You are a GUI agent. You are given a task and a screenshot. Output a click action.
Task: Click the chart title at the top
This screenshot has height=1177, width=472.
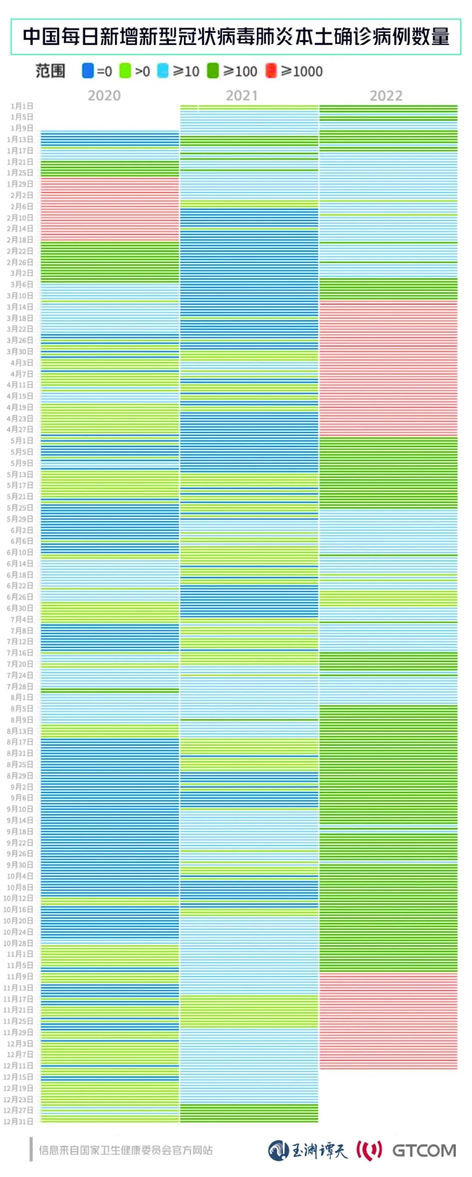(236, 37)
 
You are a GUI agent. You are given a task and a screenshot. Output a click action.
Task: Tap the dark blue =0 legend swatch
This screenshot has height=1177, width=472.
(88, 71)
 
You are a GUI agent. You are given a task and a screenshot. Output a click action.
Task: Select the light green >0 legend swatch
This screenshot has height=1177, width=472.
(125, 71)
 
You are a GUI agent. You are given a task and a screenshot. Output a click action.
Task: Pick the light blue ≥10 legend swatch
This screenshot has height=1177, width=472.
(163, 71)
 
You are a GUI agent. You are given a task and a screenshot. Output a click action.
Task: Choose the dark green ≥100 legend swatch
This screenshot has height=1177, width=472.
(213, 71)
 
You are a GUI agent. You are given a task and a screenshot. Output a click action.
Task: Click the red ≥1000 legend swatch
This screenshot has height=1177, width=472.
(271, 71)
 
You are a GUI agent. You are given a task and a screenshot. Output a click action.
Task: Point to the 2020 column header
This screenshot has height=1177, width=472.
(104, 95)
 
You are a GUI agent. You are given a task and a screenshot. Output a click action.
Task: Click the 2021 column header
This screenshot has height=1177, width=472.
(241, 95)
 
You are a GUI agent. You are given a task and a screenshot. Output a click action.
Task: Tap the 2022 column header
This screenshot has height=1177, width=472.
(386, 95)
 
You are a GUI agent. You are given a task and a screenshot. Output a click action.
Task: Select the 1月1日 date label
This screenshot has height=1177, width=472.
(22, 106)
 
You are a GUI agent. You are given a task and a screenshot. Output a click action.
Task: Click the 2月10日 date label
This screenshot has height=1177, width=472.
(20, 218)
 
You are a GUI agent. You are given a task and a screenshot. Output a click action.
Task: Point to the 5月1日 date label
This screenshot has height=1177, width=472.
(22, 441)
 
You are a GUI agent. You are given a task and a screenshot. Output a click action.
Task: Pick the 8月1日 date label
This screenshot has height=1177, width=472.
(22, 697)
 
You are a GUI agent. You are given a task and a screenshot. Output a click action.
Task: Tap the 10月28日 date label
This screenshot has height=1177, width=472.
(18, 943)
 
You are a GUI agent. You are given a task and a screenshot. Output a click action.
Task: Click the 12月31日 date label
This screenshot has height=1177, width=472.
(18, 1121)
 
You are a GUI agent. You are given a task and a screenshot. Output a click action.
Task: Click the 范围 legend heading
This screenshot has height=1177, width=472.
(50, 71)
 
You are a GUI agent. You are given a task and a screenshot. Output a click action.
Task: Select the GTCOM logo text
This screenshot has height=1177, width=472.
(424, 1150)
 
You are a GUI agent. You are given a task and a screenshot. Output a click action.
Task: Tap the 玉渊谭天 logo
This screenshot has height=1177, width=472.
(308, 1150)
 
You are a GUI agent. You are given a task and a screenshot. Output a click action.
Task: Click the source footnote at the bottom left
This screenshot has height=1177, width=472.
(125, 1150)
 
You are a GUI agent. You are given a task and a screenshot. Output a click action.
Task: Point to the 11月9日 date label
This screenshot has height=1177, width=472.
(20, 976)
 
